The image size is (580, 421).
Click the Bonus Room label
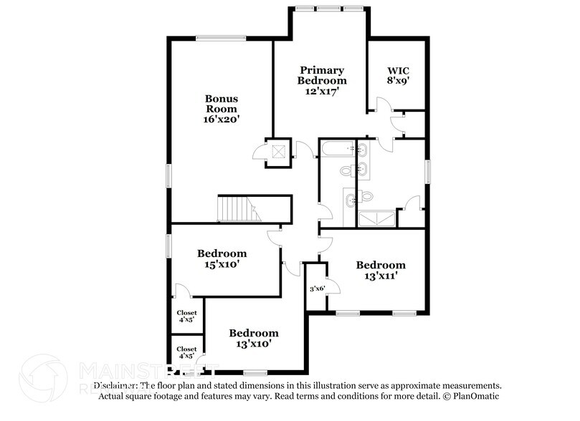[x=222, y=103]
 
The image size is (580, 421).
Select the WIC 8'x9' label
[x=399, y=76]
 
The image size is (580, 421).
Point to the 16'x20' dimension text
[x=222, y=120]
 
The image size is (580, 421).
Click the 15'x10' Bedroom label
[x=222, y=258]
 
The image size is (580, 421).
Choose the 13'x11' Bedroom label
[x=381, y=269]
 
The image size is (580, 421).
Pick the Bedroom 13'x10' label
[x=253, y=338]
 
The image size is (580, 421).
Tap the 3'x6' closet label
[x=317, y=289]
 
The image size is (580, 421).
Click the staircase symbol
[x=236, y=210]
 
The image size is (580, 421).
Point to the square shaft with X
[x=277, y=151]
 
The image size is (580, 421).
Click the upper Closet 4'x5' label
[x=187, y=316]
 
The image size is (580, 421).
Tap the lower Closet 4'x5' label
[x=187, y=352]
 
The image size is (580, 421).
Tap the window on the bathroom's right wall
[x=429, y=172]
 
